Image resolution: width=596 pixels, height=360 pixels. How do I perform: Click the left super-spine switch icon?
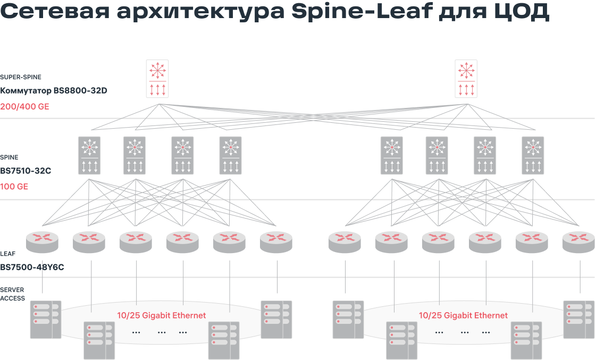pyautogui.click(x=157, y=79)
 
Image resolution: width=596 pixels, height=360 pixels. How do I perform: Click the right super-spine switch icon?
pyautogui.click(x=466, y=79)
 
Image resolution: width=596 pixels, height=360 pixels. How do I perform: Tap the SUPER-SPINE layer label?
pyautogui.click(x=21, y=77)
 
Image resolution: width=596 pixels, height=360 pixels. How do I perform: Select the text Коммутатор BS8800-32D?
pyautogui.click(x=54, y=91)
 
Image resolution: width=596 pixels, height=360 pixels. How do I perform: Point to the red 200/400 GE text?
pyautogui.click(x=24, y=107)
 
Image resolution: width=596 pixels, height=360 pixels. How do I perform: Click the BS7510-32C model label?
pyautogui.click(x=26, y=171)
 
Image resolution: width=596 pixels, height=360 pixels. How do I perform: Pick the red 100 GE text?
pyautogui.click(x=14, y=187)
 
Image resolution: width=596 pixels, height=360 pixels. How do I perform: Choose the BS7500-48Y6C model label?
pyautogui.click(x=32, y=267)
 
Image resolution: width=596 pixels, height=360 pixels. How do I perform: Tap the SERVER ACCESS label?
pyautogui.click(x=13, y=294)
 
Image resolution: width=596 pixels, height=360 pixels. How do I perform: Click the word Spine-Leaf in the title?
pyautogui.click(x=362, y=11)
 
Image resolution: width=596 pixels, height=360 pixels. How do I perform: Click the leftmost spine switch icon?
pyautogui.click(x=89, y=155)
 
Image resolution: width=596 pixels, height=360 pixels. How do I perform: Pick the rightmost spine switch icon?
pyautogui.click(x=533, y=155)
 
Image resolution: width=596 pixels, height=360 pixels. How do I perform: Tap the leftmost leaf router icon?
pyautogui.click(x=42, y=242)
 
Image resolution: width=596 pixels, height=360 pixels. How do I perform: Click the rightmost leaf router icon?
pyautogui.click(x=578, y=242)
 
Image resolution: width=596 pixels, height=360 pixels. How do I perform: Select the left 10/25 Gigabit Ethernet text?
pyautogui.click(x=162, y=315)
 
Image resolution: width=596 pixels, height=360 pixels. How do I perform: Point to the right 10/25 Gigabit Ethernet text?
pyautogui.click(x=463, y=315)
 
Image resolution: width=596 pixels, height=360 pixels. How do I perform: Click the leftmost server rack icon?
pyautogui.click(x=46, y=320)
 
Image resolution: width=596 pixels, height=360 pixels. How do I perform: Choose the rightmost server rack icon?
pyautogui.click(x=579, y=320)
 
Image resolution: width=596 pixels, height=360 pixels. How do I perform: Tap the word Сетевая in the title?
pyautogui.click(x=55, y=11)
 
